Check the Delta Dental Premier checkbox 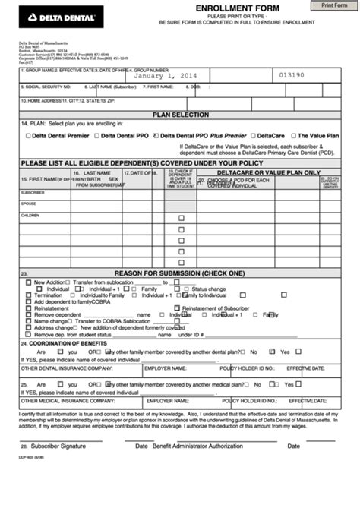coord(27,136)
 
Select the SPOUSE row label coord(28,204)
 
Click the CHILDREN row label coord(30,215)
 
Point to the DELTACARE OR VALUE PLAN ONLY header coord(269,173)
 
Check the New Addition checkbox coord(29,282)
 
